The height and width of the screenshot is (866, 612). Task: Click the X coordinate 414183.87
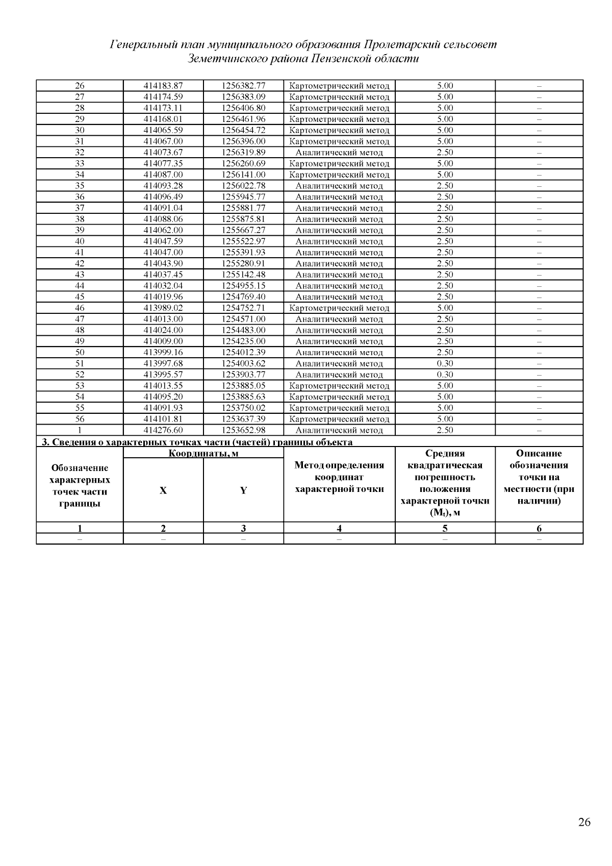point(163,86)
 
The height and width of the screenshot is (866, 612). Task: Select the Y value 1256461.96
point(243,119)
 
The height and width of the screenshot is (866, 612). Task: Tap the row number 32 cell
point(80,153)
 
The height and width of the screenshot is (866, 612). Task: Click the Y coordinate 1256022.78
point(243,186)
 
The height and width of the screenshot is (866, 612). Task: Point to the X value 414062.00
point(163,230)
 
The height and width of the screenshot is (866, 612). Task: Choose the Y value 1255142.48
point(243,275)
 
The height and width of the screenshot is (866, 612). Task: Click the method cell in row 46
point(339,308)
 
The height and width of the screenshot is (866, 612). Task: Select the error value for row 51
point(445,363)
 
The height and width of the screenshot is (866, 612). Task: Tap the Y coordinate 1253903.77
point(243,375)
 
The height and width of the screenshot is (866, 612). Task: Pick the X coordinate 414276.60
point(163,430)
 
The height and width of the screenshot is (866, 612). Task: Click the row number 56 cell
point(80,419)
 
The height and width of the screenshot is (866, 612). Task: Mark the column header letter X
point(163,490)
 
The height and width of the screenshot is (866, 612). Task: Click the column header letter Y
point(243,490)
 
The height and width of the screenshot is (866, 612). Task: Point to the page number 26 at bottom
point(584,822)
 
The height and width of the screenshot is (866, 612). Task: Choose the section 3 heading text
point(197,442)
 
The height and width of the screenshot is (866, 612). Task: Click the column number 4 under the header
point(339,528)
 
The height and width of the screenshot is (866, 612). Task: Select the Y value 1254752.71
point(243,308)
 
